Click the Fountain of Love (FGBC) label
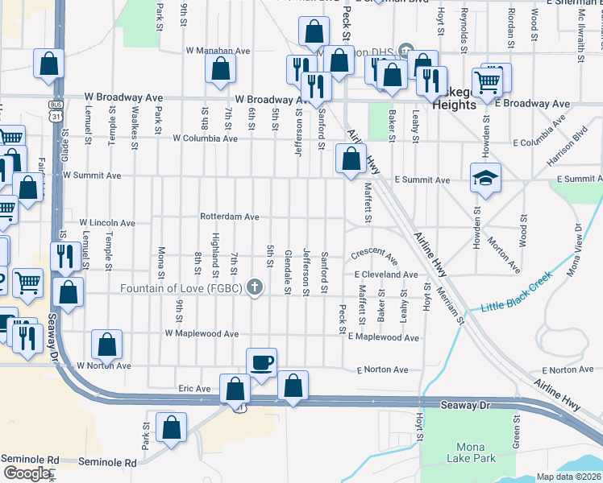click(181, 288)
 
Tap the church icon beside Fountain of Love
click(255, 287)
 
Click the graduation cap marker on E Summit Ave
click(485, 179)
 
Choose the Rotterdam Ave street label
click(230, 217)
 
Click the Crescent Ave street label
click(374, 255)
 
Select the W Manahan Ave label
click(218, 50)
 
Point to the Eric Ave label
click(194, 388)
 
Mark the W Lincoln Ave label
click(106, 222)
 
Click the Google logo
click(27, 473)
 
